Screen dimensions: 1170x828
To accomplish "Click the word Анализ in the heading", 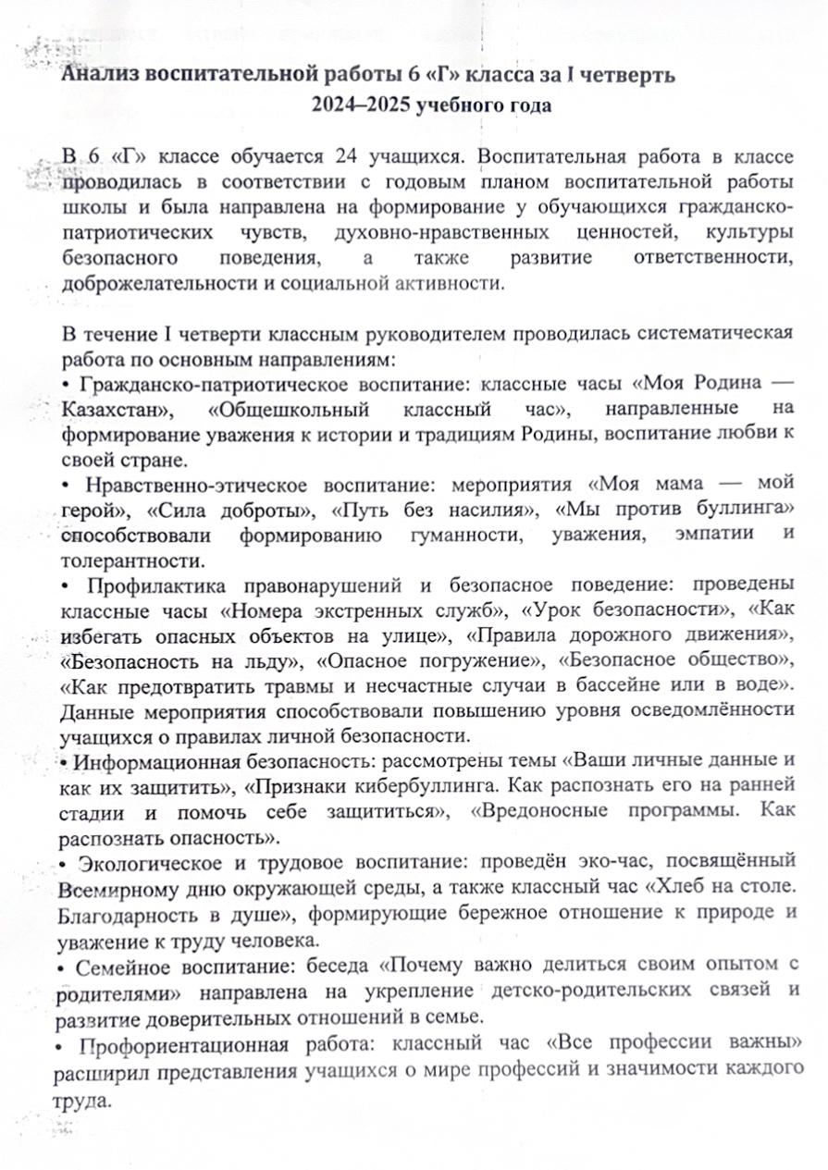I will [x=100, y=76].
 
